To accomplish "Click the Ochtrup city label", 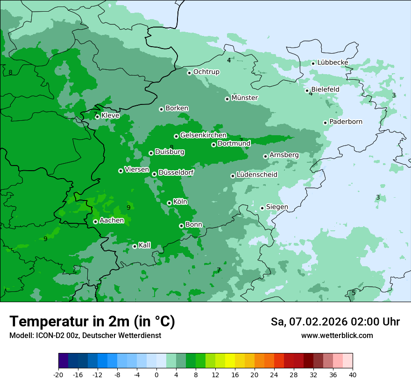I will [x=206, y=72].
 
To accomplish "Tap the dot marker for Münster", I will [x=227, y=99].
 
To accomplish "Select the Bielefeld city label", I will [x=325, y=89].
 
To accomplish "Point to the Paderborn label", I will [x=346, y=122].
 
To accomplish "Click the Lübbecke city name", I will [x=333, y=62].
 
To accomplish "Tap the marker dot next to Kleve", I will [x=97, y=117].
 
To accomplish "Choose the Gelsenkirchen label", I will [x=203, y=135].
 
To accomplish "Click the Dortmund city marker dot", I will [x=213, y=145].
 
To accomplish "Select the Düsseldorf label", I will [x=176, y=173].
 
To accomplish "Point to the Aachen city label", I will [x=112, y=221].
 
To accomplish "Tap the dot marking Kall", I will [x=135, y=246].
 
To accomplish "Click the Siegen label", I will [x=277, y=207].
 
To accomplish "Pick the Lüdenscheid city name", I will [x=257, y=175].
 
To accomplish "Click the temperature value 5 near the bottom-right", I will [x=354, y=293].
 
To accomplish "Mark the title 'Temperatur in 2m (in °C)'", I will [x=92, y=322].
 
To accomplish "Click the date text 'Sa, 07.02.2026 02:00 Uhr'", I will [x=335, y=322].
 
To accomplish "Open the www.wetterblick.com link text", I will [x=337, y=336].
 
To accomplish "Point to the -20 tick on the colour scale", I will [x=58, y=375].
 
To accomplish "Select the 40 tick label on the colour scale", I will [x=353, y=375].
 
